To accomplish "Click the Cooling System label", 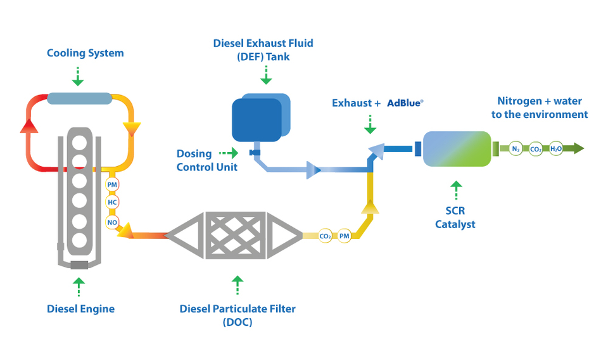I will click(x=85, y=53).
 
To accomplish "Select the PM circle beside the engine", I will click(x=112, y=184).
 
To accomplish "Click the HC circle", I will click(x=112, y=202).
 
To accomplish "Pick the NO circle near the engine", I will click(x=112, y=221).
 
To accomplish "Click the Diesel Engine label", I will click(x=80, y=309).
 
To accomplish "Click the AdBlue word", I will click(x=405, y=103).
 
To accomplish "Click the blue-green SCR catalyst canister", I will click(x=456, y=149).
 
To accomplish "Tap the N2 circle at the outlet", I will click(x=516, y=149).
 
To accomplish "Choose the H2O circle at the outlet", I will click(x=555, y=149).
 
